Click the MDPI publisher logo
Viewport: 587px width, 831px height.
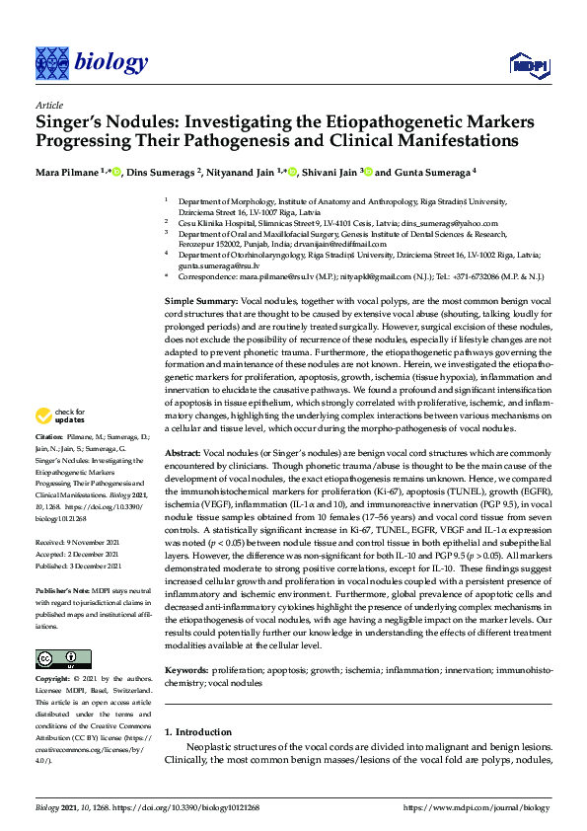tap(529, 65)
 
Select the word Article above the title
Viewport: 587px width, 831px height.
tap(48, 105)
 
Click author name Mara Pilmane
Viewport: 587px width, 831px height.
tap(68, 172)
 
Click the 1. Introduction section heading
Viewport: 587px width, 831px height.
tap(198, 731)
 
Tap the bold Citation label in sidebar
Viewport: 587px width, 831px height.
tap(50, 463)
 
